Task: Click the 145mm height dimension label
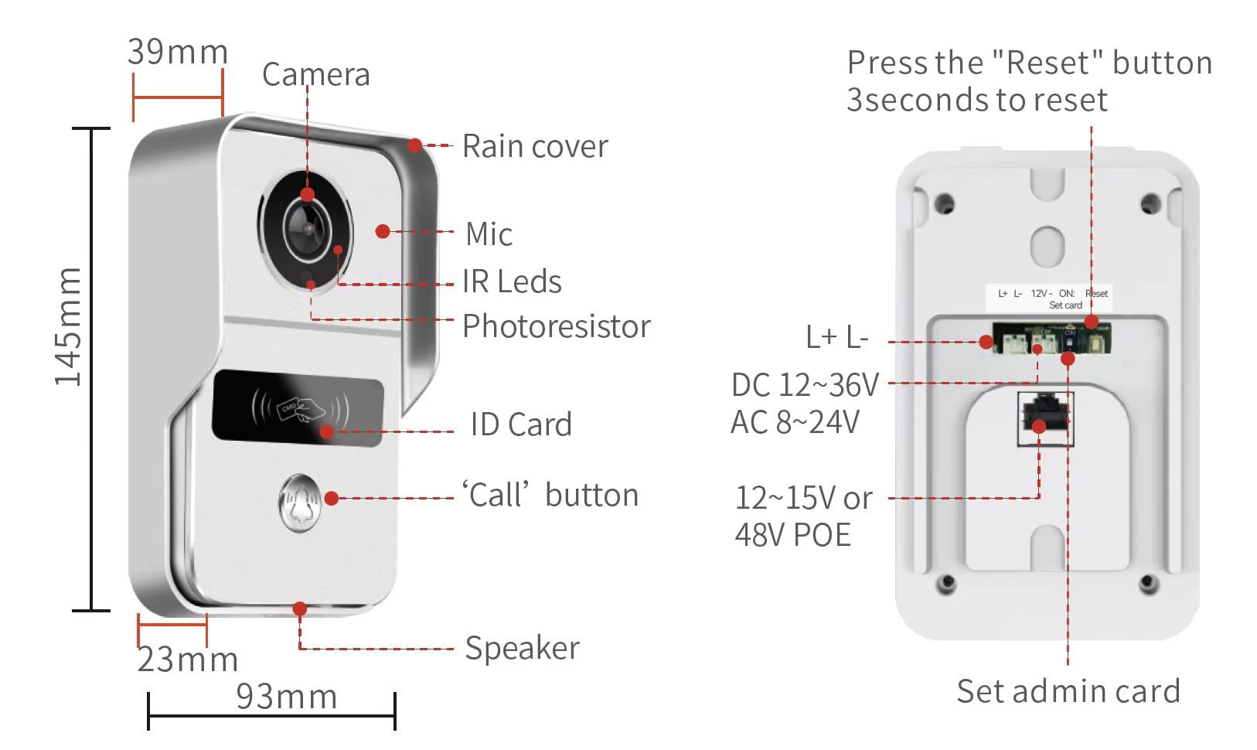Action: pyautogui.click(x=68, y=326)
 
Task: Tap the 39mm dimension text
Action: pyautogui.click(x=178, y=53)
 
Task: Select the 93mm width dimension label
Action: pyautogui.click(x=287, y=697)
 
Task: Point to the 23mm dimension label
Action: pyautogui.click(x=188, y=659)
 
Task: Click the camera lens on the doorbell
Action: pyautogui.click(x=307, y=230)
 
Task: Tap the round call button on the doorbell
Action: pyautogui.click(x=300, y=503)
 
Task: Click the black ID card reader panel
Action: pyautogui.click(x=298, y=408)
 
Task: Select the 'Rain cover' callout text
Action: pyautogui.click(x=535, y=146)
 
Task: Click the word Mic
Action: pyautogui.click(x=489, y=234)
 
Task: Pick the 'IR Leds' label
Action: pyautogui.click(x=512, y=281)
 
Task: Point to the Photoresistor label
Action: pyautogui.click(x=556, y=326)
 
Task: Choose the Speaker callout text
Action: pyautogui.click(x=522, y=649)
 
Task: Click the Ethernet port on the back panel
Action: pyautogui.click(x=1045, y=419)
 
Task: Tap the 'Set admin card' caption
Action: pyautogui.click(x=1068, y=691)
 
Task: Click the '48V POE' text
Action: pyautogui.click(x=792, y=535)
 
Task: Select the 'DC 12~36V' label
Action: pyautogui.click(x=805, y=385)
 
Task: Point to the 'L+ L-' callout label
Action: pyautogui.click(x=836, y=337)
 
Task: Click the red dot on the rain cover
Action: pyautogui.click(x=414, y=145)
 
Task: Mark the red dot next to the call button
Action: pyautogui.click(x=332, y=498)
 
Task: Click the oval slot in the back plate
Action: pyautogui.click(x=1047, y=247)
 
